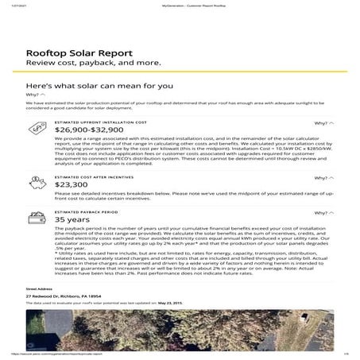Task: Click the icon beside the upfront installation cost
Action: [35, 127]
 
